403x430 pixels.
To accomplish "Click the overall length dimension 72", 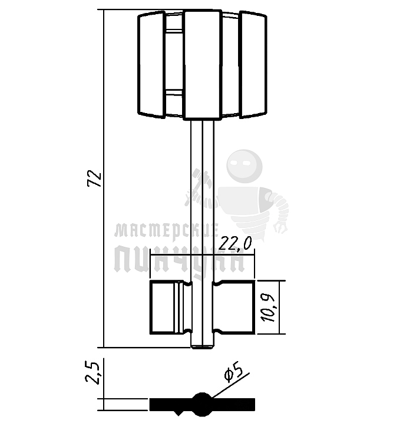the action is tap(95, 179).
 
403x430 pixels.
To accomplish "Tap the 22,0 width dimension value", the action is tap(235, 243).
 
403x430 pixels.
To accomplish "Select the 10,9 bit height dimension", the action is tap(268, 307).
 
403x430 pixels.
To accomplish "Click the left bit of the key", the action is tap(171, 307).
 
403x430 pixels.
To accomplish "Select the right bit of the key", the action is tap(234, 307).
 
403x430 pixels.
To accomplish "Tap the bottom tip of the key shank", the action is tap(202, 348).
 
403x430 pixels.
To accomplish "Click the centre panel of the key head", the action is tap(203, 65).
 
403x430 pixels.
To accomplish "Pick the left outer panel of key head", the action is tap(151, 65).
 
